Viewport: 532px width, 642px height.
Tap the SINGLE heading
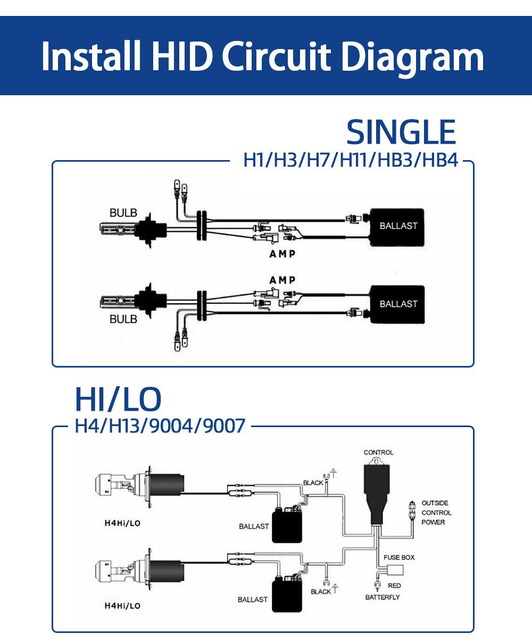pyautogui.click(x=401, y=132)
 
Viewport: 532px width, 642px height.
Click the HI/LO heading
pyautogui.click(x=118, y=399)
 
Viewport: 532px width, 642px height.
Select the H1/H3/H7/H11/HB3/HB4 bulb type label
pyautogui.click(x=350, y=160)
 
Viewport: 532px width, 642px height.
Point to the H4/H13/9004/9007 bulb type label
pyautogui.click(x=160, y=426)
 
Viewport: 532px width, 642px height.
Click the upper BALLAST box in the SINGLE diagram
pyautogui.click(x=398, y=226)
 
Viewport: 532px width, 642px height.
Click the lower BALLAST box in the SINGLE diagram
pyautogui.click(x=398, y=304)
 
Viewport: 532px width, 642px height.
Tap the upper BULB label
pyautogui.click(x=123, y=213)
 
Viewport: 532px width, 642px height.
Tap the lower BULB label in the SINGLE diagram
pyautogui.click(x=123, y=319)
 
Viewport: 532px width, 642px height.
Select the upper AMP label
pyautogui.click(x=282, y=254)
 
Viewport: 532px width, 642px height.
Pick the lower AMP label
pyautogui.click(x=282, y=280)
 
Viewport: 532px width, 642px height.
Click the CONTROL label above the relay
pyautogui.click(x=378, y=453)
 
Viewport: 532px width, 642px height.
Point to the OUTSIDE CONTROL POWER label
pyautogui.click(x=436, y=513)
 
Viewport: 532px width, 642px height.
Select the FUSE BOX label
pyautogui.click(x=399, y=557)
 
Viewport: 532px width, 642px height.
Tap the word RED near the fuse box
pyautogui.click(x=394, y=586)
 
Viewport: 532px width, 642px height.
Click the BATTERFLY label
pyautogui.click(x=382, y=597)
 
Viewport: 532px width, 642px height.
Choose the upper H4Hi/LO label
pyautogui.click(x=122, y=523)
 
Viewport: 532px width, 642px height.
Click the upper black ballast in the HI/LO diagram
pyautogui.click(x=287, y=526)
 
